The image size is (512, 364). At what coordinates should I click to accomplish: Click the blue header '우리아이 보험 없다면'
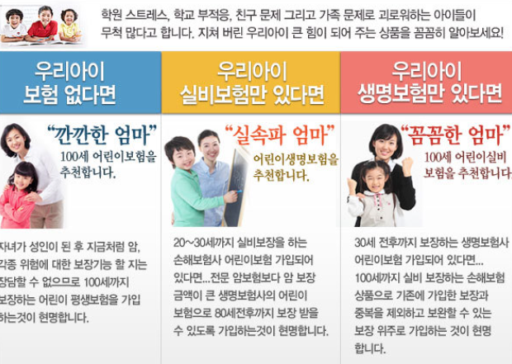69,83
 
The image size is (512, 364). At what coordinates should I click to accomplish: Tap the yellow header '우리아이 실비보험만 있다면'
252,83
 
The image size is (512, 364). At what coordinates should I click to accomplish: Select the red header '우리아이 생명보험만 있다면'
429,83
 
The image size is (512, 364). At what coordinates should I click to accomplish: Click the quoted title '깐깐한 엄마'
102,135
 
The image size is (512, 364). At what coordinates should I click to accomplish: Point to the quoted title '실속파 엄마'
280,135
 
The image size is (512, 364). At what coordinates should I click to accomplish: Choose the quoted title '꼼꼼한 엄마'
455,135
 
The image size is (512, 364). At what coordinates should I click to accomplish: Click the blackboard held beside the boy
236,187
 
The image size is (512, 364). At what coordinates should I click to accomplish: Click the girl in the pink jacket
19,196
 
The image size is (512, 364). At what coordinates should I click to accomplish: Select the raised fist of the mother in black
407,166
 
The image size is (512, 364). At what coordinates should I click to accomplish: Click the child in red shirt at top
43,24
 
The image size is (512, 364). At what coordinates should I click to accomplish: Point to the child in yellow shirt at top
69,26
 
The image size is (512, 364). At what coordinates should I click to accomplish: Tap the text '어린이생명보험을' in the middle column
296,159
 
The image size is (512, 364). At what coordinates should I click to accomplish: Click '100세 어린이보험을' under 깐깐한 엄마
108,157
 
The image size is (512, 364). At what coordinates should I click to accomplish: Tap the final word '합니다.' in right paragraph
370,348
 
